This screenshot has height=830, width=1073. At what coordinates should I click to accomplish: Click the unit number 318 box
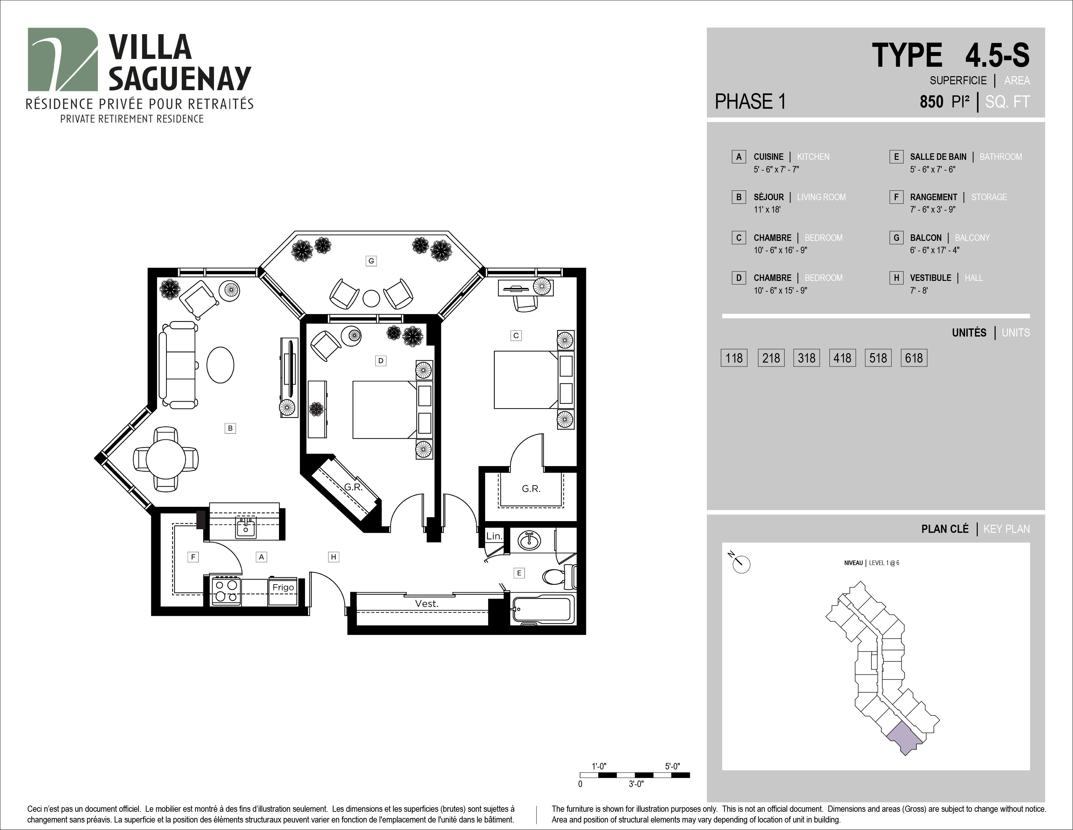coord(806,358)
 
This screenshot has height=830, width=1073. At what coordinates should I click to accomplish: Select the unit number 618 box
coord(914,358)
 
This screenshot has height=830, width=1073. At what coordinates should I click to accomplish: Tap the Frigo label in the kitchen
coord(283,587)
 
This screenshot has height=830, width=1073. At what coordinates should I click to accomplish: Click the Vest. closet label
coord(427,603)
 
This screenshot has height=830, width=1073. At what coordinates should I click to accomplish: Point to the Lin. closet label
coord(494,536)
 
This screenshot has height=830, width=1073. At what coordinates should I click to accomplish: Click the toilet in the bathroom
coord(560,576)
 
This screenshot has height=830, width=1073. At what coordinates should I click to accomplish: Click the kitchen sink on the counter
coord(245,527)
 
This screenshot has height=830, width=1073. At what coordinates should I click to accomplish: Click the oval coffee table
coord(220,365)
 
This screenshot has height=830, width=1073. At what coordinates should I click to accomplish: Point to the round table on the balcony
coord(371,298)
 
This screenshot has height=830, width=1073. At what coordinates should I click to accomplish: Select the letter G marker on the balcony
coord(371,261)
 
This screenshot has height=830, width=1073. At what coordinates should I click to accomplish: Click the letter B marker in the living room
coord(230,428)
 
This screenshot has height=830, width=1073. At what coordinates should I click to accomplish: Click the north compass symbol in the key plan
coord(741,563)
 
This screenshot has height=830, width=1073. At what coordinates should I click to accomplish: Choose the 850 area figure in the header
coord(932,102)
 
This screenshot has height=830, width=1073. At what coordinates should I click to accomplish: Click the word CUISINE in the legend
coord(768,157)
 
